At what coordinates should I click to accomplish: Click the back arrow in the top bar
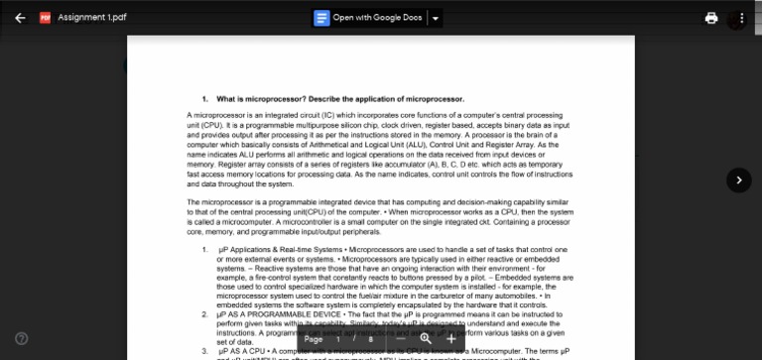21,18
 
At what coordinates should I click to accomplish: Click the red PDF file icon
45,18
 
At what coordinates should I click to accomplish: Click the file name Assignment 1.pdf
91,18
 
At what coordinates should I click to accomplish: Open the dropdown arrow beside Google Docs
436,18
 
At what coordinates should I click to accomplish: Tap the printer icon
711,18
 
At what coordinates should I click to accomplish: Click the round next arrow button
739,180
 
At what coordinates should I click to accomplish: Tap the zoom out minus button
400,339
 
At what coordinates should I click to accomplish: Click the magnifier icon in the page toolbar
426,339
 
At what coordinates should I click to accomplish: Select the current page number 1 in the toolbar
338,339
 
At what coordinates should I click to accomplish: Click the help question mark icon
22,338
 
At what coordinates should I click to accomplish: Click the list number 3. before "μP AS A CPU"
205,350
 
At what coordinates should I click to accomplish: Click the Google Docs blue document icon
321,18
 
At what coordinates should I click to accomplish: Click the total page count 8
371,339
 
